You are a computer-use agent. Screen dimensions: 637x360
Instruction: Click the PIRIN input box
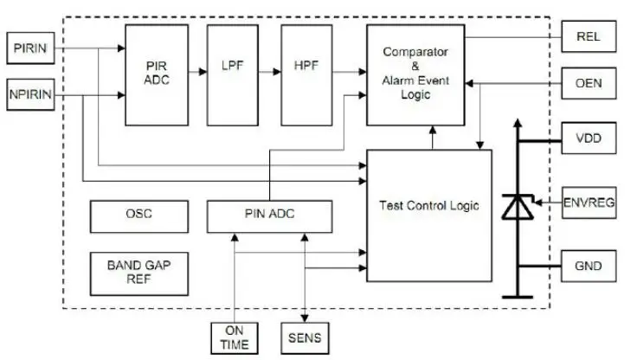point(30,48)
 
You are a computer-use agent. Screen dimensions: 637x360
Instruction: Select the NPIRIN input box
point(30,94)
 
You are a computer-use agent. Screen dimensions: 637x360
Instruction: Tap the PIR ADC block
point(157,75)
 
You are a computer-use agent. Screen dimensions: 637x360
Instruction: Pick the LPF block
point(232,75)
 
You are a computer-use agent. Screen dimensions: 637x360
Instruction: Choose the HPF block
point(306,75)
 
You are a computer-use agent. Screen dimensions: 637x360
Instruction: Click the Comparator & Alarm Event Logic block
point(415,75)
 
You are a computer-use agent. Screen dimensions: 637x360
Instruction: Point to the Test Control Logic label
point(429,206)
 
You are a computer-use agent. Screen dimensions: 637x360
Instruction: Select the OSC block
point(139,216)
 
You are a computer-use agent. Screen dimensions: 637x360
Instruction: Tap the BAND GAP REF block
point(139,273)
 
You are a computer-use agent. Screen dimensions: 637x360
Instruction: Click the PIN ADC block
point(269,216)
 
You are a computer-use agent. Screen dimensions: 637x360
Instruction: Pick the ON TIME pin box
point(235,338)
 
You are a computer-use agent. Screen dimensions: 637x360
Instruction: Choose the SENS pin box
point(305,338)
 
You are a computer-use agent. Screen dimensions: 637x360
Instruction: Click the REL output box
point(589,36)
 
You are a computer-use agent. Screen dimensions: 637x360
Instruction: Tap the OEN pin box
point(589,83)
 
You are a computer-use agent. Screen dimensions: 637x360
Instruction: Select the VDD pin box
point(589,138)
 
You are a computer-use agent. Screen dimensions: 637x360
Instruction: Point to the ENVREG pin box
point(589,202)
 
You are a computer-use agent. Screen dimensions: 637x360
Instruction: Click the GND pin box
point(589,267)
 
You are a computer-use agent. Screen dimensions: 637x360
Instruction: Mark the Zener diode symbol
point(518,207)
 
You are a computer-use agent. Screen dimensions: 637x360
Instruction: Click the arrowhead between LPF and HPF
point(277,72)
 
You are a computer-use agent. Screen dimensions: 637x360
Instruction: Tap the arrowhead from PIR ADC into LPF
point(203,72)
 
